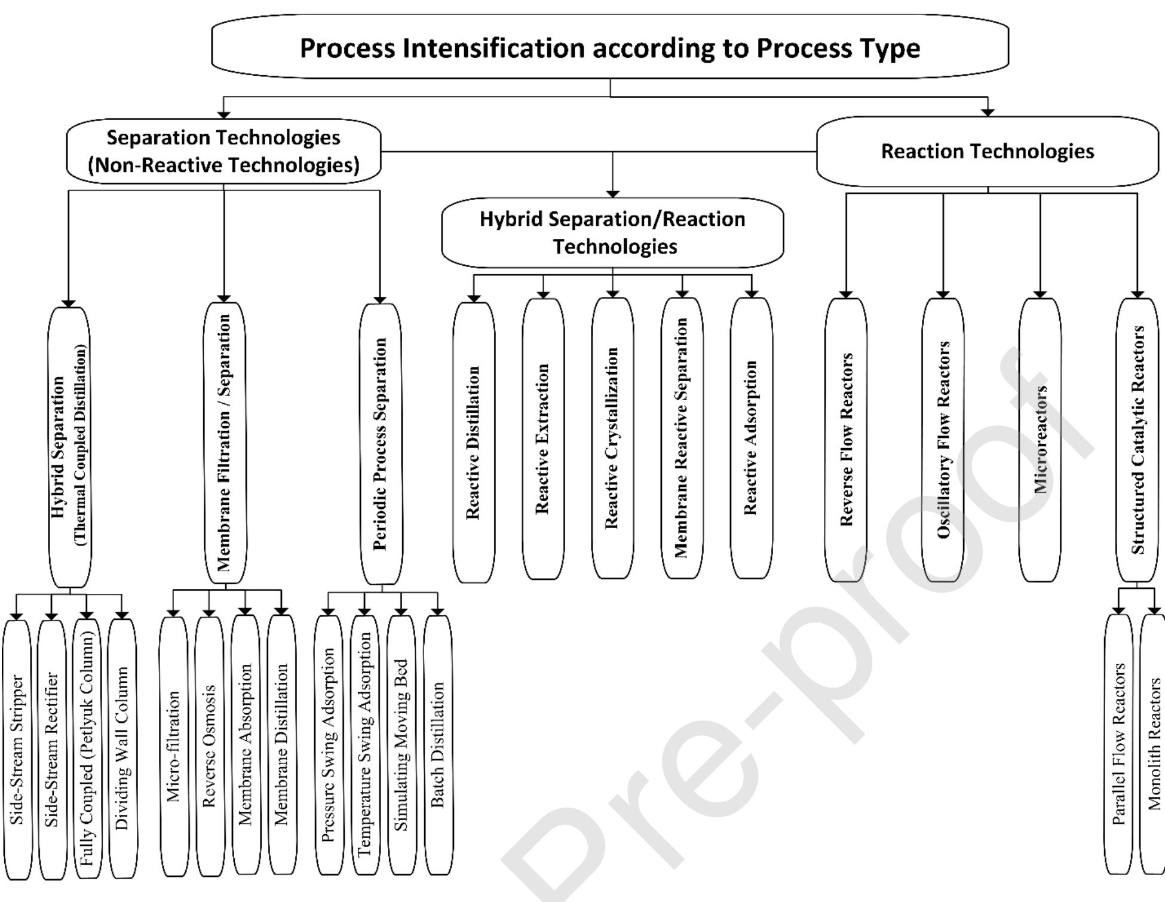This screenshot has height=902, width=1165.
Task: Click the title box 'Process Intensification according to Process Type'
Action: point(610,47)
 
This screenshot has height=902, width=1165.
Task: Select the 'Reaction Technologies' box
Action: point(987,151)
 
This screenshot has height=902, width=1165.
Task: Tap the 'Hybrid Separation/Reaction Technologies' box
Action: point(612,232)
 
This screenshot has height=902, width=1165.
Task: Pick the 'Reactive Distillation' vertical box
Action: point(473,442)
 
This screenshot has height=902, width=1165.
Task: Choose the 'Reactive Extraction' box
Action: point(542,439)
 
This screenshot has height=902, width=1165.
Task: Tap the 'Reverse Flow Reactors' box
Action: point(846,440)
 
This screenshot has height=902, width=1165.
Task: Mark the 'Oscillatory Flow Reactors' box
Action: point(943,440)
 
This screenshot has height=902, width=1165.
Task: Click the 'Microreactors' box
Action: point(1040,440)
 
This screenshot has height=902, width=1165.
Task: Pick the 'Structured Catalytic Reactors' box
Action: point(1138,440)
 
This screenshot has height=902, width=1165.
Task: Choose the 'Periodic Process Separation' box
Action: point(381,444)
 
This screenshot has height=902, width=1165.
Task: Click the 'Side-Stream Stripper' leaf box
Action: point(17,750)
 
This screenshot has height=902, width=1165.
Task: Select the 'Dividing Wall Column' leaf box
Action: point(122,748)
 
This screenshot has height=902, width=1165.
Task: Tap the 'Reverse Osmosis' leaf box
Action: point(209,746)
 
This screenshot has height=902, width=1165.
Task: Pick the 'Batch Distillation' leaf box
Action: point(438,745)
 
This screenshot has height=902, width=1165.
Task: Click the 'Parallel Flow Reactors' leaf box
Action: point(1118,744)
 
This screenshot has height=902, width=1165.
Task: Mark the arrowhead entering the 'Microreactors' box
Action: point(1040,294)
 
